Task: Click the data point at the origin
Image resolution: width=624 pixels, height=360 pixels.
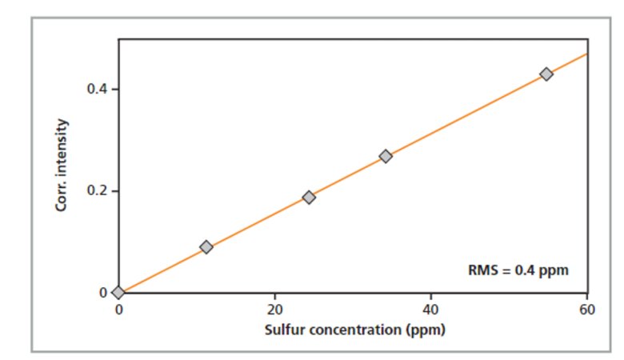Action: click(118, 293)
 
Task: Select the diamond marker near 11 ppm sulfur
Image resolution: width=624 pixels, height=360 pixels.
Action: click(206, 247)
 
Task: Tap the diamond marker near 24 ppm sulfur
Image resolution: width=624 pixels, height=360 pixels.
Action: click(309, 197)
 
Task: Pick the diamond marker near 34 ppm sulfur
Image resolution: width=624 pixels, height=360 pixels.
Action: click(386, 156)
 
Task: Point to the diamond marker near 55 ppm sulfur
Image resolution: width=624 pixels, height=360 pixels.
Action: click(546, 74)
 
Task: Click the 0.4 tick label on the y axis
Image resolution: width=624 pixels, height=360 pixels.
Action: click(98, 89)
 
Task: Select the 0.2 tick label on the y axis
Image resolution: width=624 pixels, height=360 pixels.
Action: click(98, 191)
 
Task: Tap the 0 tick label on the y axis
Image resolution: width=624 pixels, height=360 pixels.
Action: click(103, 293)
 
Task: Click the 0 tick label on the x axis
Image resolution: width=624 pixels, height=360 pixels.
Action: click(118, 310)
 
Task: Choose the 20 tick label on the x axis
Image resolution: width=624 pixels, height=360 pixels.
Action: click(275, 310)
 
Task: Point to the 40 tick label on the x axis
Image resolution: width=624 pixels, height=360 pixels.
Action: click(431, 310)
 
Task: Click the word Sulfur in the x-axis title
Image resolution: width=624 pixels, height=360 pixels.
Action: click(282, 329)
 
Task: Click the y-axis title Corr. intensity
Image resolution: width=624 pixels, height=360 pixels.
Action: click(62, 165)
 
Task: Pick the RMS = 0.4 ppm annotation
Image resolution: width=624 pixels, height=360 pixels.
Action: click(518, 270)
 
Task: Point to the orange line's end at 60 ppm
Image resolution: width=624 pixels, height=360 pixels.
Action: click(587, 54)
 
